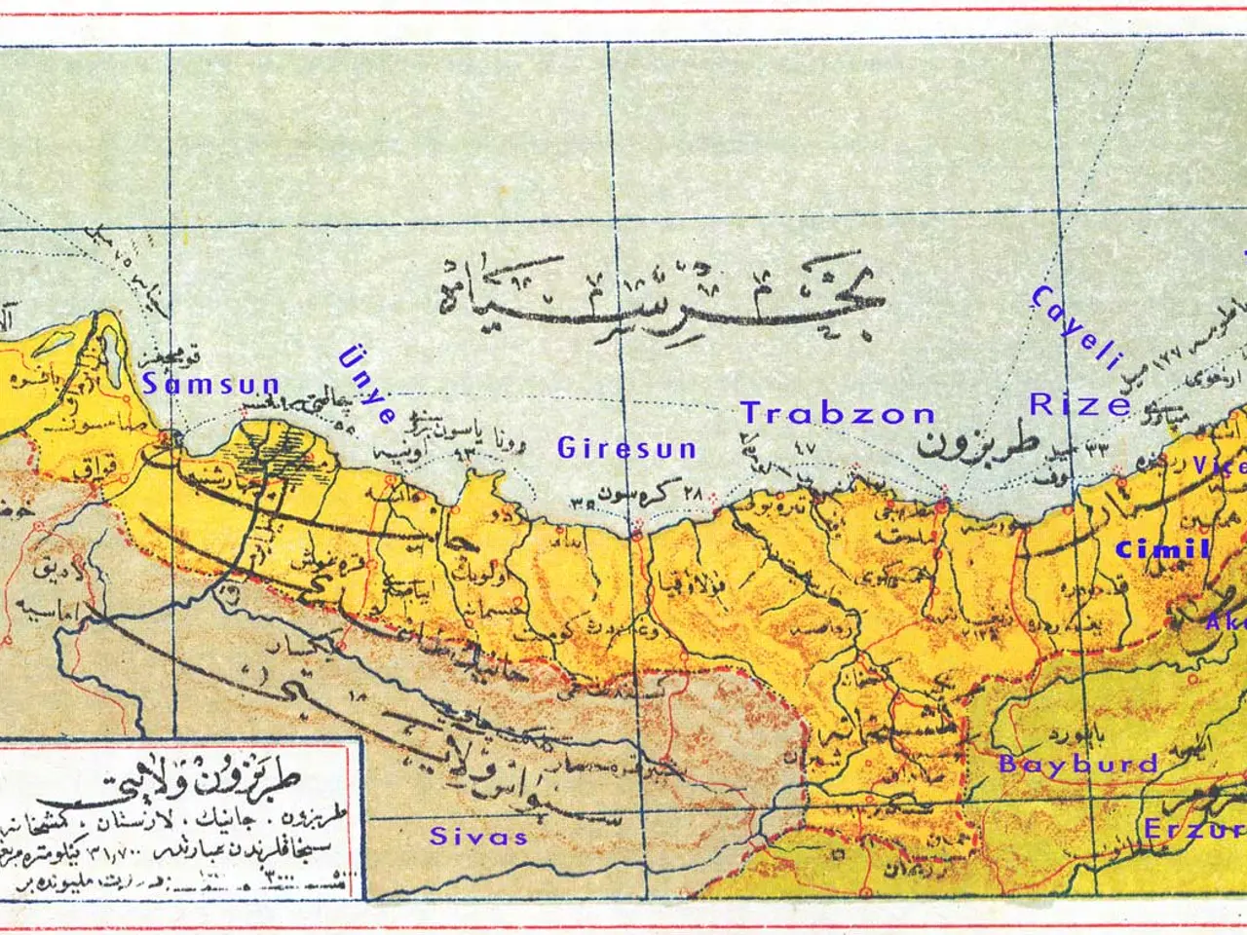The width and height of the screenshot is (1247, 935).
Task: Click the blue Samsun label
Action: [211, 385]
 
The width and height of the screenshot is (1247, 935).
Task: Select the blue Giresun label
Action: [626, 448]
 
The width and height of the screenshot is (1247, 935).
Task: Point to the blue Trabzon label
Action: [838, 414]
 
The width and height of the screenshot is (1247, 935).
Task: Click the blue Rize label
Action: [1080, 405]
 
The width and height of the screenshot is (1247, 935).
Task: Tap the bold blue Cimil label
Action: [1162, 550]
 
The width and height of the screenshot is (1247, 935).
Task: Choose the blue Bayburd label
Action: [1078, 764]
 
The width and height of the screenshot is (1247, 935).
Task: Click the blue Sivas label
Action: [478, 837]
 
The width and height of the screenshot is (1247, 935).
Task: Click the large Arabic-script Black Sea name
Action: [662, 297]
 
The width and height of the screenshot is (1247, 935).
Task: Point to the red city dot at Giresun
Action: [636, 533]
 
